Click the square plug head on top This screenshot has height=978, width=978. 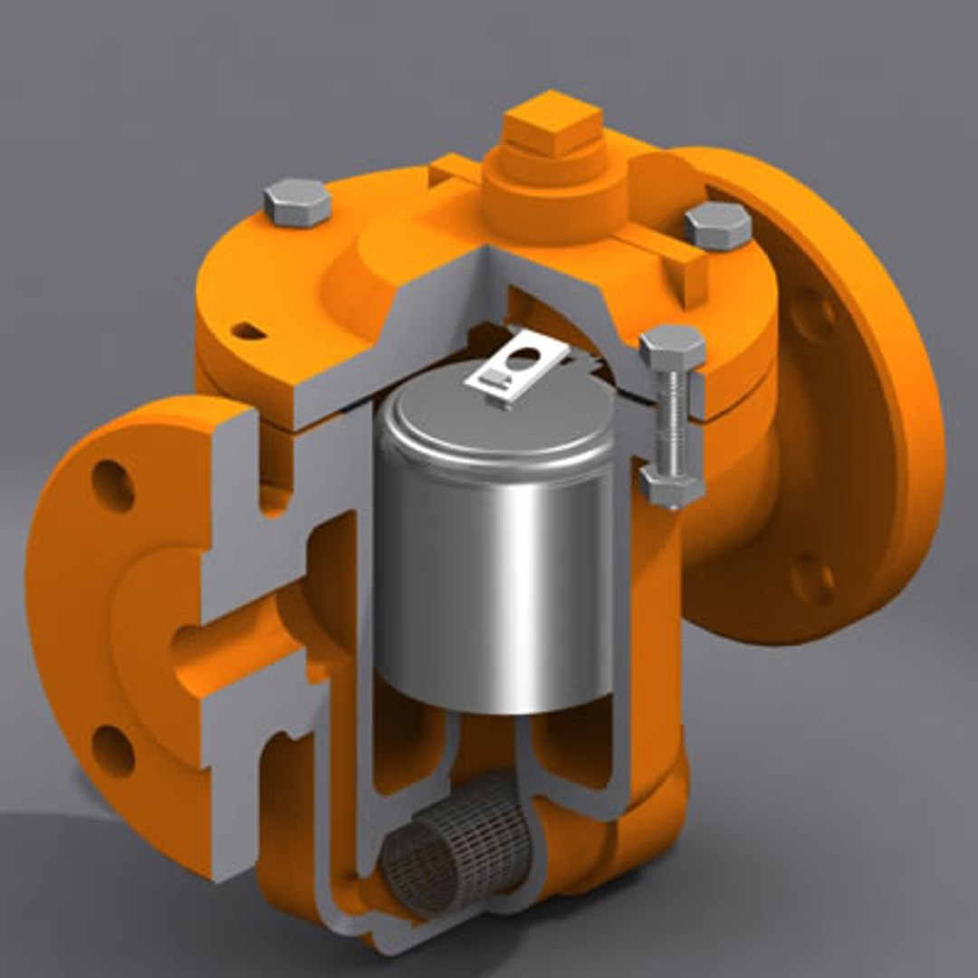(x=552, y=122)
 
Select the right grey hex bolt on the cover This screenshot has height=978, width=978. (x=717, y=225)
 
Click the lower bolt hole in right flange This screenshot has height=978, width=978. (x=812, y=580)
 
